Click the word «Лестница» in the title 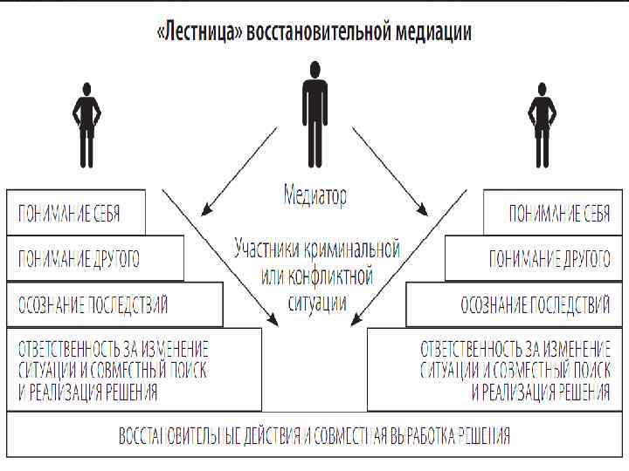(x=199, y=32)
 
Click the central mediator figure (x=314, y=113)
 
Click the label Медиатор (x=315, y=195)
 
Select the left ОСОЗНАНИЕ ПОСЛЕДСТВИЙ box (x=114, y=305)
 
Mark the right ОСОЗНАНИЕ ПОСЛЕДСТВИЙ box (x=515, y=305)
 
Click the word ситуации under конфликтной (x=316, y=303)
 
